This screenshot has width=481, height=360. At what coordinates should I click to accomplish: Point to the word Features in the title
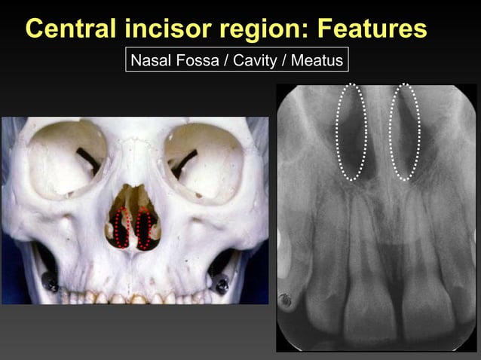pyautogui.click(x=372, y=29)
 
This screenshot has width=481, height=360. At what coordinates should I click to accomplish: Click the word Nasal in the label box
pyautogui.click(x=151, y=59)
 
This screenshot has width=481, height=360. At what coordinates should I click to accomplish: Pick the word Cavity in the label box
pyautogui.click(x=256, y=59)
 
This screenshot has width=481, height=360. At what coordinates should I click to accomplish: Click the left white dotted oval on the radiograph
pyautogui.click(x=351, y=132)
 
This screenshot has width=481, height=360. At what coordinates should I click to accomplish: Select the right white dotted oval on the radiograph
pyautogui.click(x=405, y=132)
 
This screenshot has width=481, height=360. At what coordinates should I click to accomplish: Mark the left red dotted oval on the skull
pyautogui.click(x=121, y=227)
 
